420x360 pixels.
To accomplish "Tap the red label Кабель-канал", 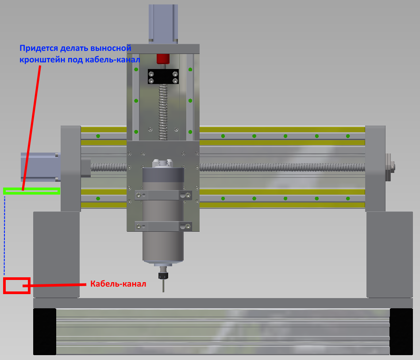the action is [118, 284].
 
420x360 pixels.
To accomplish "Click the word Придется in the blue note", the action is [39, 48].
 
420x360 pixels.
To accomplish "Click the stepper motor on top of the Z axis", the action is [163, 23].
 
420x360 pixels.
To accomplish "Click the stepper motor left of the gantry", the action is [41, 167].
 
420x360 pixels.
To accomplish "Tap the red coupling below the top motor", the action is [163, 59].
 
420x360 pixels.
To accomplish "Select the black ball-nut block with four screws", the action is [163, 77].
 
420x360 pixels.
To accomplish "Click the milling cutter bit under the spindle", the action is [163, 285].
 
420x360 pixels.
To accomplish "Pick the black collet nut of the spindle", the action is [163, 276].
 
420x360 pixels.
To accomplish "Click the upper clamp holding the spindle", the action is [163, 195].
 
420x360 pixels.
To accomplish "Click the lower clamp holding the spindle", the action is [163, 226].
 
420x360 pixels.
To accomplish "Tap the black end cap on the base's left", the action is [44, 332].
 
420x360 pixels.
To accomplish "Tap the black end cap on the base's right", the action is [401, 332].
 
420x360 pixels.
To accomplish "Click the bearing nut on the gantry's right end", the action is [390, 167].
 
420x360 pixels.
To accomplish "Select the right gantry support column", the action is [389, 254].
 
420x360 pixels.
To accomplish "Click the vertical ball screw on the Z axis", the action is [163, 112].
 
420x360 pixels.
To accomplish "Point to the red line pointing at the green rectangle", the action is [31, 128].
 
